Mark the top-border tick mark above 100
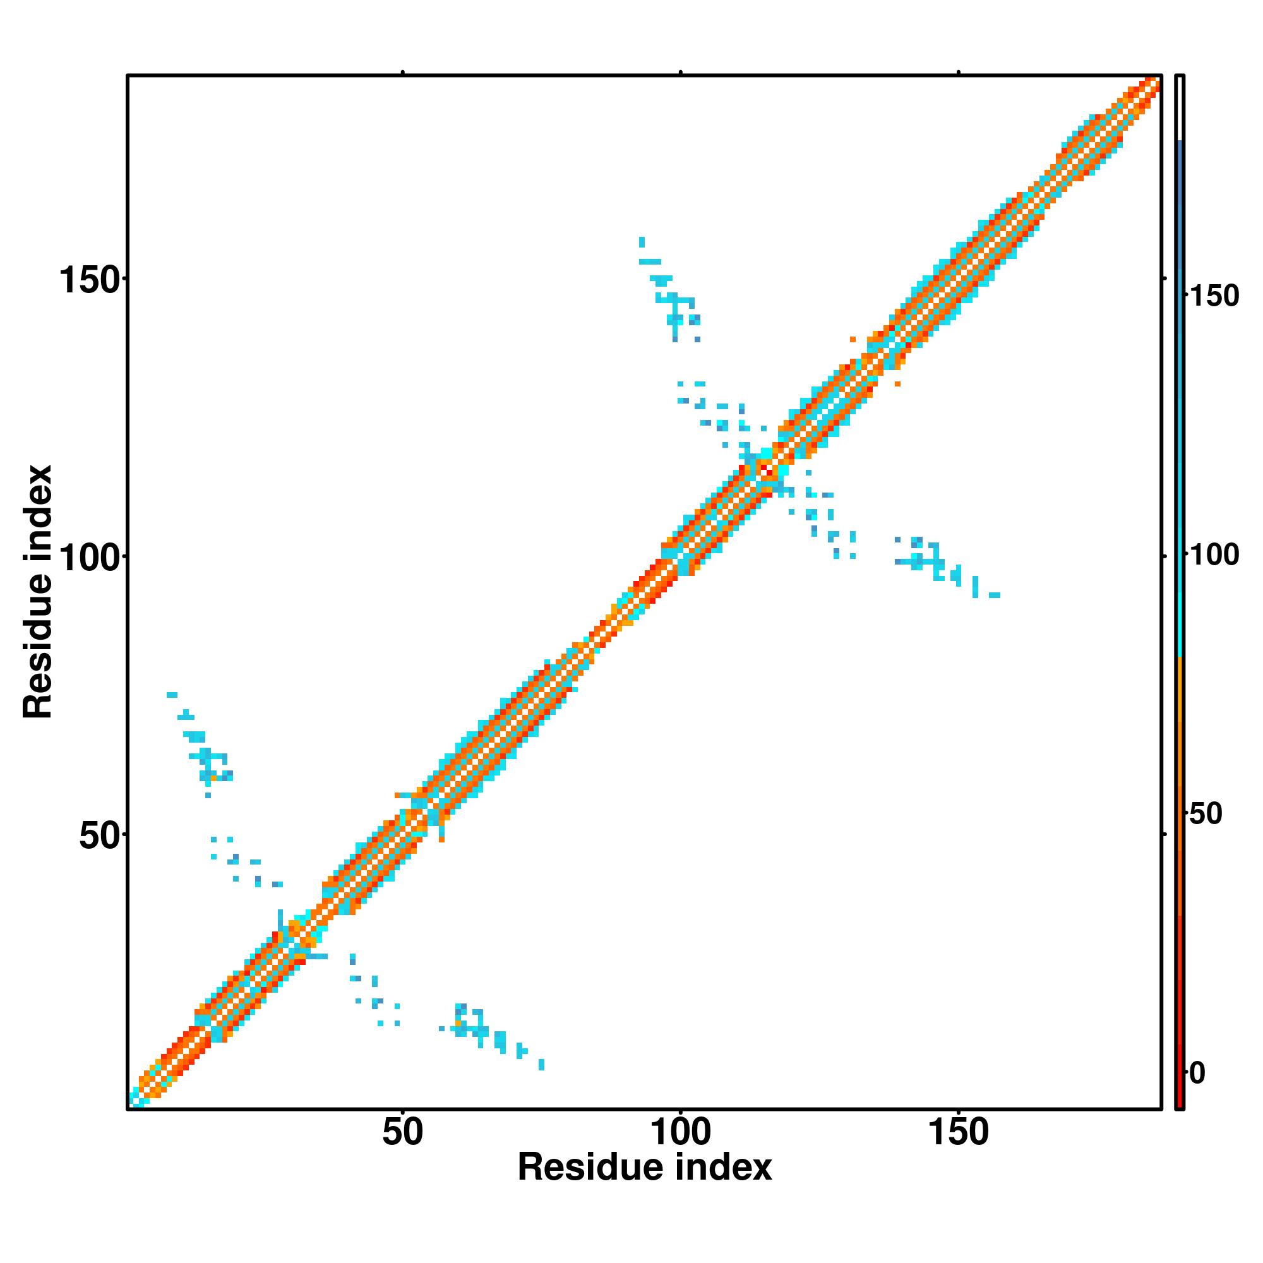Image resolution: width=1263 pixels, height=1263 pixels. point(681,73)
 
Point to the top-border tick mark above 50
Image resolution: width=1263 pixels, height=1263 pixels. point(403,73)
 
